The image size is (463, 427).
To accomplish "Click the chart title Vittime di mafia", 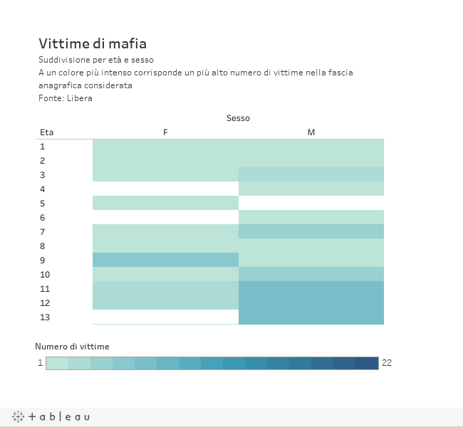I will [x=93, y=43].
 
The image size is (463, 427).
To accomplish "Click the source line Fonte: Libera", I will [x=66, y=98].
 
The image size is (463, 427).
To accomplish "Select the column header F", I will [x=165, y=132].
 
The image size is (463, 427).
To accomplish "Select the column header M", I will [x=311, y=132].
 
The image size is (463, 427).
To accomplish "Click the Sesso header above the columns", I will [x=238, y=118].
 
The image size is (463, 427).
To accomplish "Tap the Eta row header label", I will [x=46, y=132].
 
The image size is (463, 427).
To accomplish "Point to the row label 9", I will [x=43, y=260].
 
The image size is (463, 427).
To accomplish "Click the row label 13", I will [x=45, y=317].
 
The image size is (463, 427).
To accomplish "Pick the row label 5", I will [x=43, y=204].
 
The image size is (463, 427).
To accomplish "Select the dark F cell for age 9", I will [x=165, y=260].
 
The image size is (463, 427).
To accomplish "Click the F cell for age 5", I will [x=165, y=203].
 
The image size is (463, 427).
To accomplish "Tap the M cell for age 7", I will [x=311, y=231].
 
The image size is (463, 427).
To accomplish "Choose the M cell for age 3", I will [x=311, y=174].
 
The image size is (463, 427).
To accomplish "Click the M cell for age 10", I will [x=311, y=274].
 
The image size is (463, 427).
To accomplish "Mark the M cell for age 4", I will [x=311, y=189].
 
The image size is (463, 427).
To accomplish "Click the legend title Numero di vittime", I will [x=72, y=347].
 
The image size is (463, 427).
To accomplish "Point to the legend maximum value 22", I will [x=387, y=363].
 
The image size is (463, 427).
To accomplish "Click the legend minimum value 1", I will [x=40, y=363].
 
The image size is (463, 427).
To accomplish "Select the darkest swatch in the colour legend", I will [x=367, y=363].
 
